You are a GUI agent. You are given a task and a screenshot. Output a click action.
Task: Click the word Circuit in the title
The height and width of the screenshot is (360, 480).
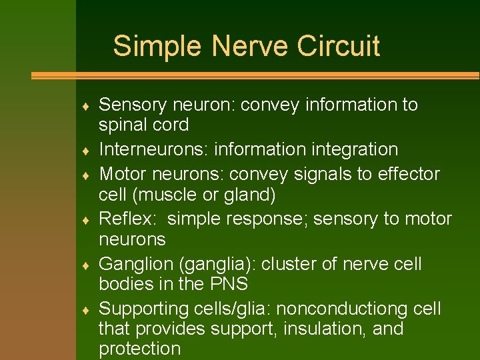tap(338, 47)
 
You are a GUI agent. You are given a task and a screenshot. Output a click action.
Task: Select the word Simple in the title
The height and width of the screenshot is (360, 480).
tap(157, 47)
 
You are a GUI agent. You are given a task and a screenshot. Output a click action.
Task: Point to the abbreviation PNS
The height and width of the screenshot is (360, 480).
tap(228, 284)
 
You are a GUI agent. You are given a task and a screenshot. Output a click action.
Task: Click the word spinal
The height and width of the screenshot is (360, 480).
tap(124, 125)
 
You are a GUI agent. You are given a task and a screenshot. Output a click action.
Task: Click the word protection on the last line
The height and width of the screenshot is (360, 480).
tap(139, 348)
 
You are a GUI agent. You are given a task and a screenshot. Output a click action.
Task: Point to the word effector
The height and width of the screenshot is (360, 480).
tap(408, 174)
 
